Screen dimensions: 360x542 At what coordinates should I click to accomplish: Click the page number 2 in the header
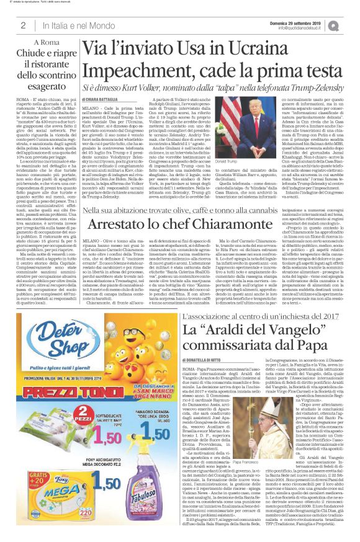(x=22, y=25)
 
